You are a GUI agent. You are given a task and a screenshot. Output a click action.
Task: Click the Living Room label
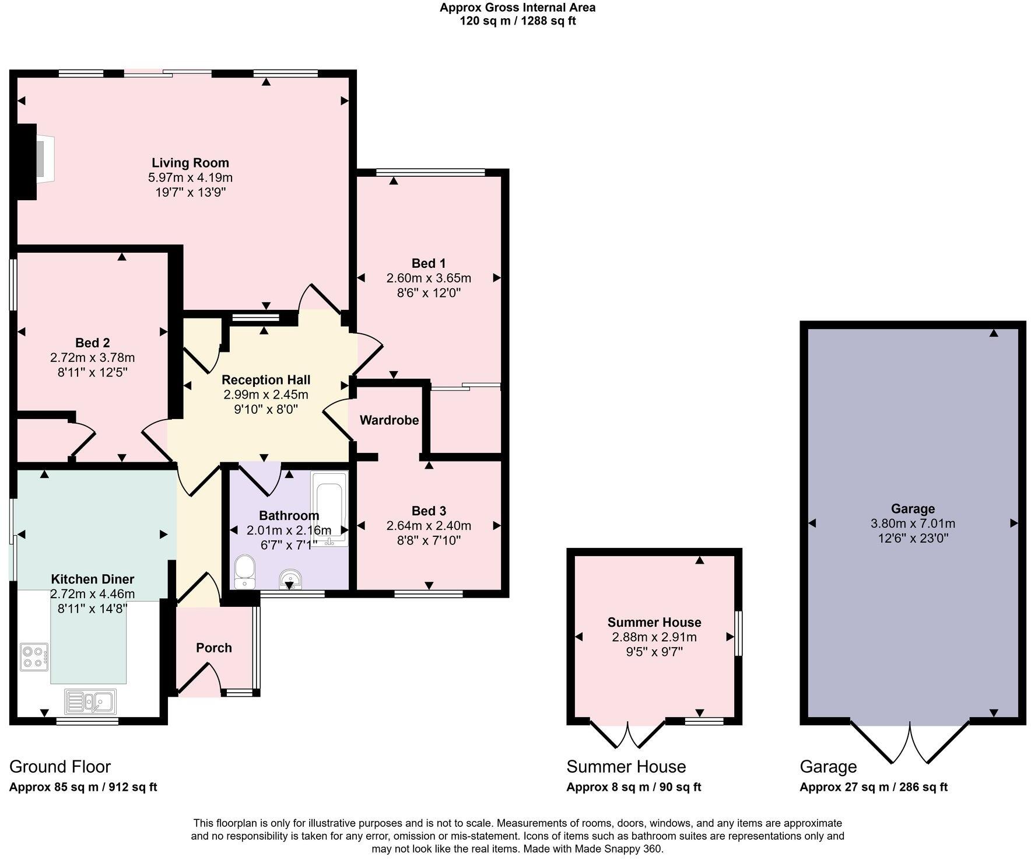coord(190,163)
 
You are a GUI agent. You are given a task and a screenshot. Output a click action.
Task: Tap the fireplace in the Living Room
coord(43,157)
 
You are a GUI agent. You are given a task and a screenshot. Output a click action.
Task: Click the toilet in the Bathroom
coord(244,571)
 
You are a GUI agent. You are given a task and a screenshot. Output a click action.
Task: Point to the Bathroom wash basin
coord(290,578)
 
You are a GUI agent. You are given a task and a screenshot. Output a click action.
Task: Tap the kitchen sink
coord(90,701)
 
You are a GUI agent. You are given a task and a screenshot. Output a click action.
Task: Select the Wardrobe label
coord(389,420)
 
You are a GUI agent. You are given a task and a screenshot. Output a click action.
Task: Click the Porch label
coord(213,648)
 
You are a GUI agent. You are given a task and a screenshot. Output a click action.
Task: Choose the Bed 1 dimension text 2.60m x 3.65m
coord(429,278)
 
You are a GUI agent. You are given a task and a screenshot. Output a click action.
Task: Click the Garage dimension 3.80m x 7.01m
coord(913,523)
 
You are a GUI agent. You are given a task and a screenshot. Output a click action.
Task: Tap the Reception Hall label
coord(266,380)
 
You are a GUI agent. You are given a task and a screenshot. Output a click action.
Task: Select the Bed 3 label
coord(429,511)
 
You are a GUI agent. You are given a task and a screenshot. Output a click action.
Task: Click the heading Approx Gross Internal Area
coord(517,8)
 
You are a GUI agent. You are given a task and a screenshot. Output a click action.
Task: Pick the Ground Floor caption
coord(60,766)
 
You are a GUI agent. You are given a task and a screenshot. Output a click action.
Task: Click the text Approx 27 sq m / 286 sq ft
coord(873,787)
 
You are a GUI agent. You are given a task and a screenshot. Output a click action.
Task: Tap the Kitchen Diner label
coord(92,579)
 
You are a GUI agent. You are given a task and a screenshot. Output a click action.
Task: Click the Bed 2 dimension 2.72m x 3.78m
coord(92,357)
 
